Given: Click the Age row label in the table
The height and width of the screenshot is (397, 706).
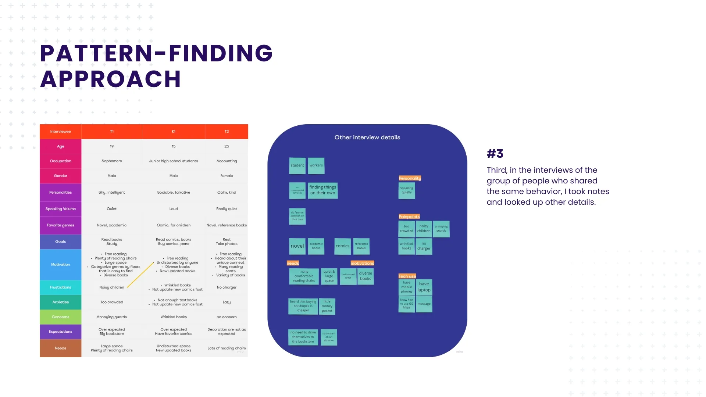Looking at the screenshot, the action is point(61,146).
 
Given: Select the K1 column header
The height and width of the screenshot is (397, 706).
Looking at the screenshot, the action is point(174,132).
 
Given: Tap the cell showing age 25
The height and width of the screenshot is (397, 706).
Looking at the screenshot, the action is point(227,146).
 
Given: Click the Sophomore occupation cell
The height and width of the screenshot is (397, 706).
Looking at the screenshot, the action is point(112,161).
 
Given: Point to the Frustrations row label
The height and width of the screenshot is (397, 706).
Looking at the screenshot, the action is point(61,287).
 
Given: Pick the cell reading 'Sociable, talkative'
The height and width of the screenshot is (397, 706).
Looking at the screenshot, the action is point(174,193).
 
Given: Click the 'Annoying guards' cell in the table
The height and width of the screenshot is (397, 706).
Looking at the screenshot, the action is point(112,317).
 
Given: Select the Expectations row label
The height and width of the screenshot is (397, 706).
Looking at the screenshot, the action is point(61,332).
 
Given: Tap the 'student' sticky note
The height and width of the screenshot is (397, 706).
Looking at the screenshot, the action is point(297,165).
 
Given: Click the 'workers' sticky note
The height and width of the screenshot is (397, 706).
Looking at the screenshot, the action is point(316,165).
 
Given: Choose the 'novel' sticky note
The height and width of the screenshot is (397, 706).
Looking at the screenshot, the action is point(297,246).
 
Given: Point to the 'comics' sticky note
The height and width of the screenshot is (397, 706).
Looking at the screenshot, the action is point(342,246).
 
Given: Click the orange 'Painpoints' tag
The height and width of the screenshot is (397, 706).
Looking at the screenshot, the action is point(409,217).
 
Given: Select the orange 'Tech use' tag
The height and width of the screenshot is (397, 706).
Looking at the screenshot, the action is point(407,276).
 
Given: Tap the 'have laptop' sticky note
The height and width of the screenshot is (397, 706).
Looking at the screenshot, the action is point(424,287).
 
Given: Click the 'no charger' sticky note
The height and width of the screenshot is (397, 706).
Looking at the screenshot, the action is point(424,246).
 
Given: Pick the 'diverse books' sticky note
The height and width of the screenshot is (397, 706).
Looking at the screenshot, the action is point(366,276).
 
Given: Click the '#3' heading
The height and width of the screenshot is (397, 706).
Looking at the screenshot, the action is point(495,154).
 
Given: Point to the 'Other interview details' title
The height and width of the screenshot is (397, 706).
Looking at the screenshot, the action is point(367,137).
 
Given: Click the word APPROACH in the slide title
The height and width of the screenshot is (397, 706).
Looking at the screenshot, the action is point(110,79).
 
